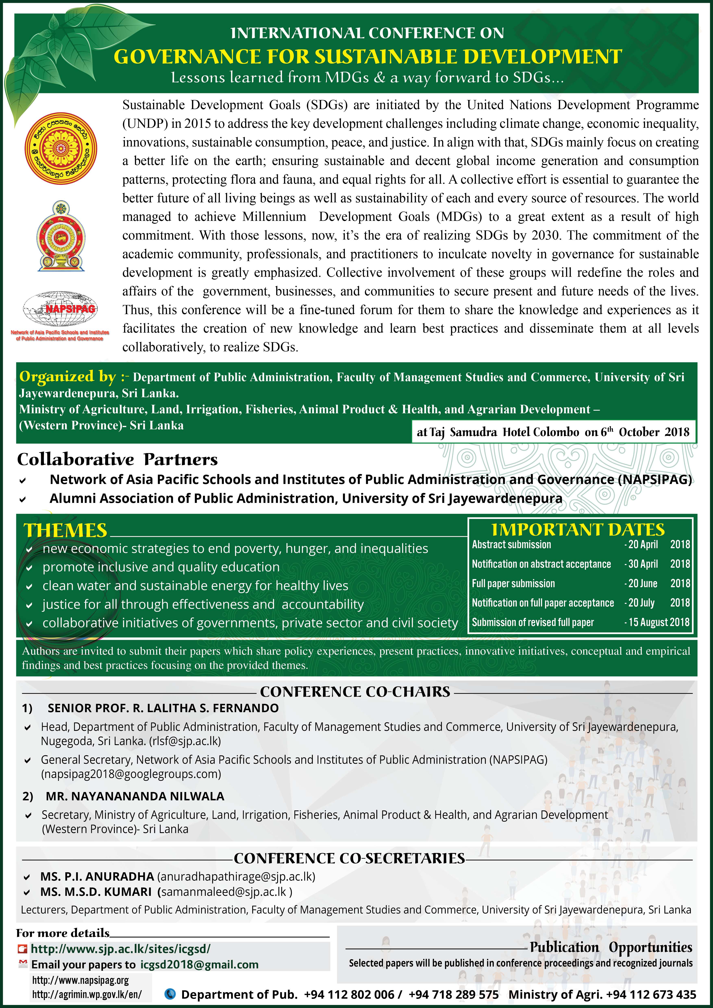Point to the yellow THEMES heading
click(65, 530)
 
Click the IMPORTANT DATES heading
click(578, 529)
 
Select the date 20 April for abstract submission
click(643, 544)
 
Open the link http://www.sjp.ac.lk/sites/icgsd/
click(121, 949)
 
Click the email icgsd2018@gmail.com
click(199, 965)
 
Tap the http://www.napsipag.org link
click(80, 980)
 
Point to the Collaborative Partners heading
click(117, 459)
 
